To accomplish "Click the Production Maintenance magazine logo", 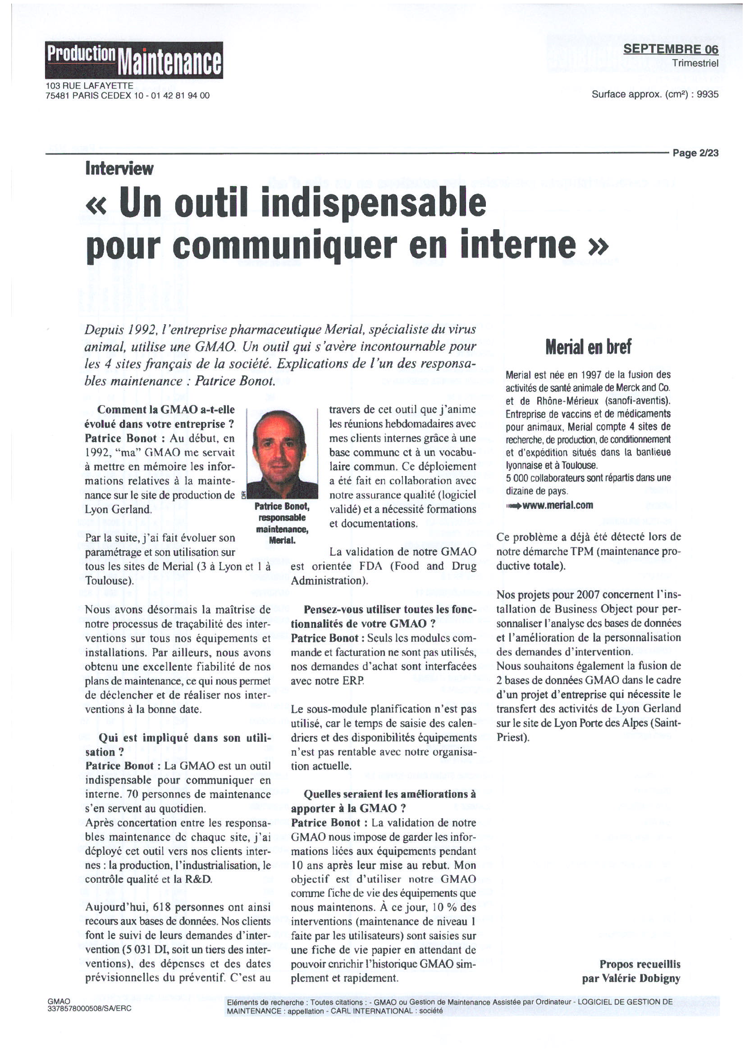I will [133, 60].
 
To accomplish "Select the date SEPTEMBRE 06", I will [670, 49].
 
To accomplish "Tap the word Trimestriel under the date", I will [695, 63].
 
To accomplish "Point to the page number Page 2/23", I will [695, 153].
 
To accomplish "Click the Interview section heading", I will [119, 169].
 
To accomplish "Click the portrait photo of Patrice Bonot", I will [282, 453].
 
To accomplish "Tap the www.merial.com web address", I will [558, 506].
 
